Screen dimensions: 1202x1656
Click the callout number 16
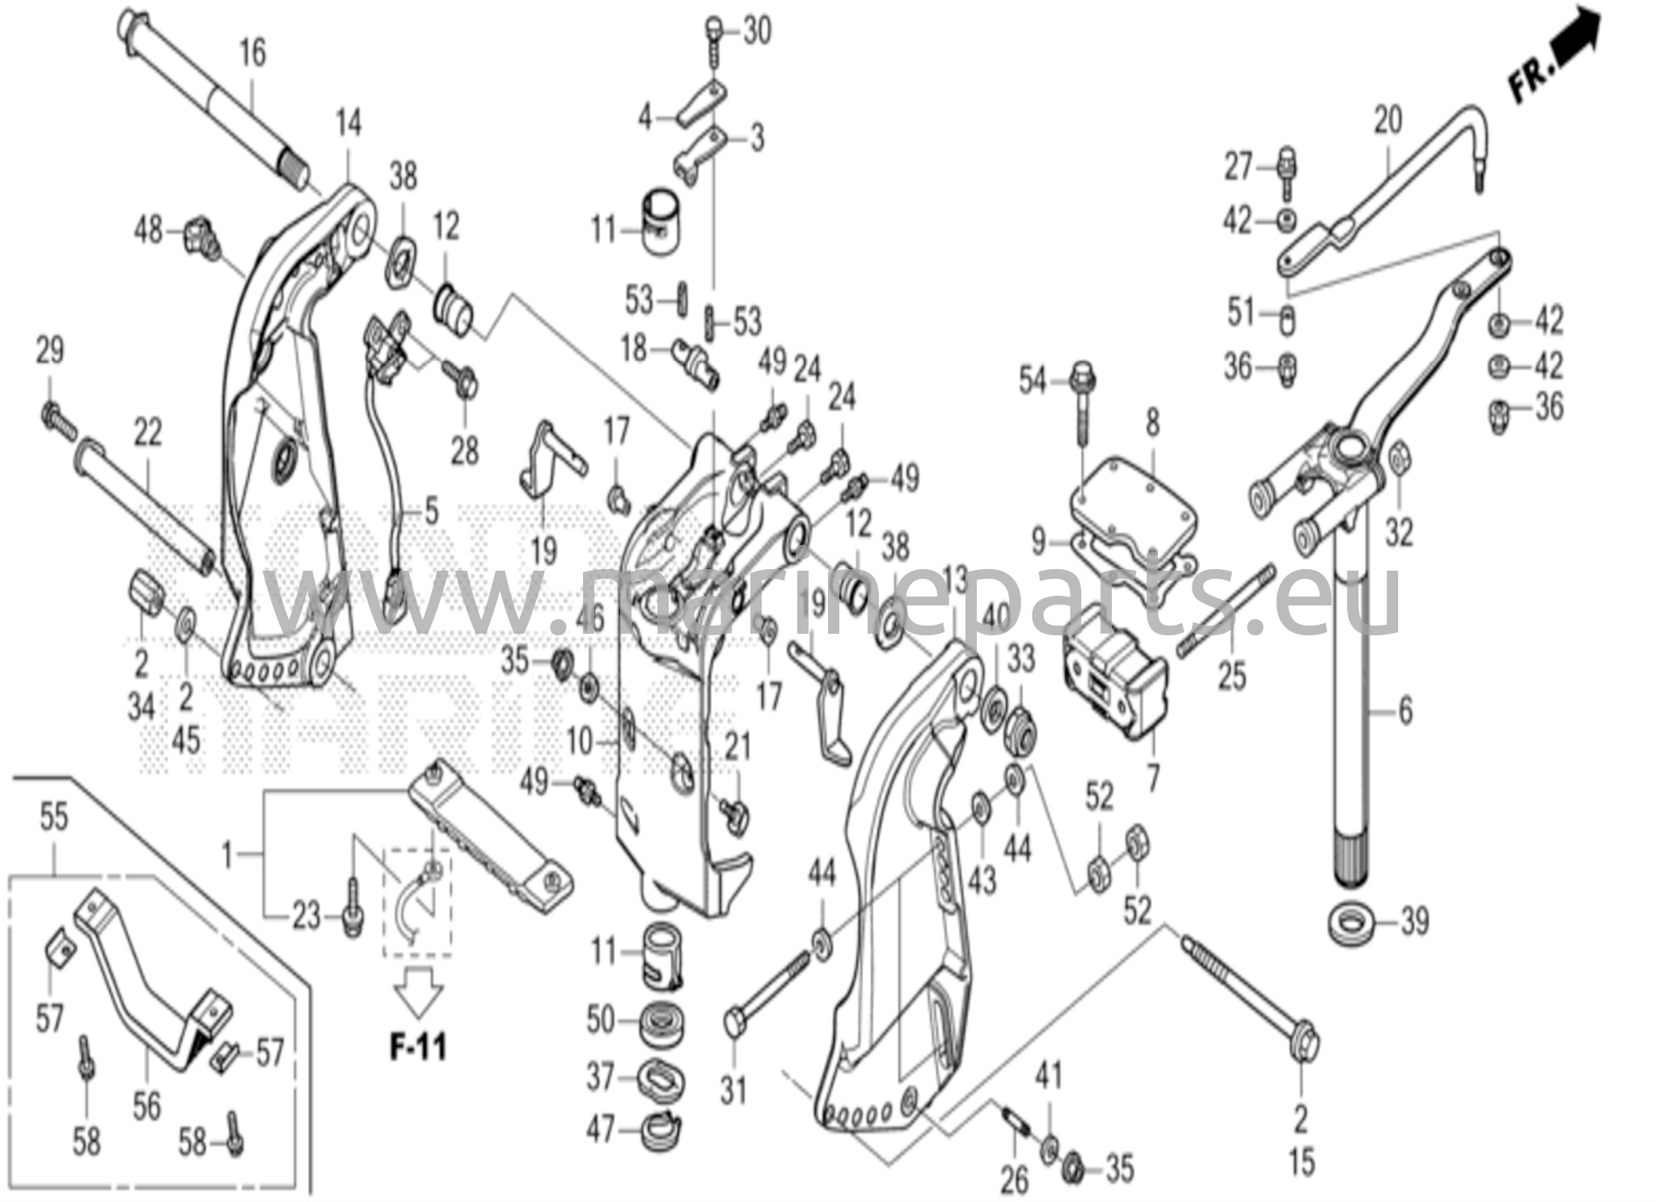[x=252, y=53]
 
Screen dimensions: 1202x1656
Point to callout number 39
[x=1414, y=922]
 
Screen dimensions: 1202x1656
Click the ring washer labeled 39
[x=1353, y=922]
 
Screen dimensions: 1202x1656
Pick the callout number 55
[x=54, y=817]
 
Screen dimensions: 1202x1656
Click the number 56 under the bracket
[x=146, y=1106]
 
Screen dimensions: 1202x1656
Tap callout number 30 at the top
[x=757, y=32]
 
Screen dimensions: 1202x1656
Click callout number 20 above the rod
[x=1388, y=121]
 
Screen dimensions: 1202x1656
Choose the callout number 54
[x=1033, y=381]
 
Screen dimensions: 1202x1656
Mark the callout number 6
[x=1406, y=711]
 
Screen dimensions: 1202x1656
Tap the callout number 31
[x=733, y=1091]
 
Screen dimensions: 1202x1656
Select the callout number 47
[x=601, y=1130]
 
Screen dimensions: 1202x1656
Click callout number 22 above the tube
[x=147, y=433]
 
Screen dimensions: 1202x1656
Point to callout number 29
[x=50, y=351]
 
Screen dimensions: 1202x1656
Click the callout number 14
[x=349, y=124]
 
